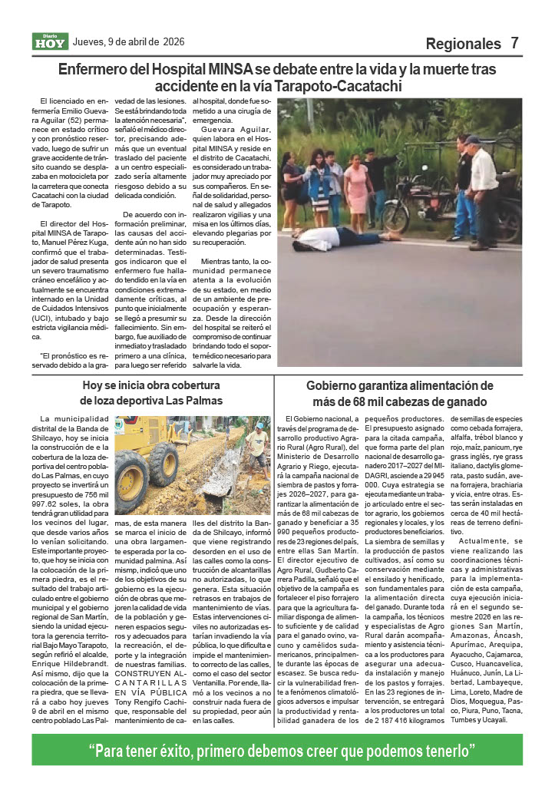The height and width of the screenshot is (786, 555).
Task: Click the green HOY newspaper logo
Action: point(50,42)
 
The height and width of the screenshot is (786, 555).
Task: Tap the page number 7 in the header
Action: point(515,43)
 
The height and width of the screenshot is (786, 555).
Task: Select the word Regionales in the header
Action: point(463,44)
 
